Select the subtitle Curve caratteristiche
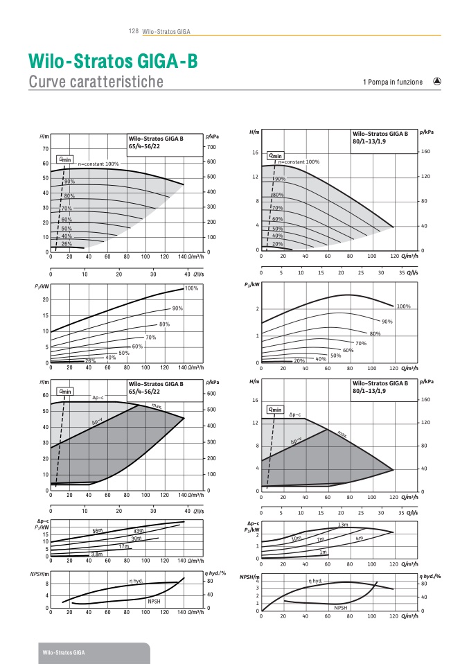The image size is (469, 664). [96, 82]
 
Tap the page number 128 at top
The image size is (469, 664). [134, 32]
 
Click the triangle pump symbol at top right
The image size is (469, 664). [437, 81]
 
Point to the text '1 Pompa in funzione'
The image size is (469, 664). [392, 82]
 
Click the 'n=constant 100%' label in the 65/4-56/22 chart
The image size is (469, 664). [98, 164]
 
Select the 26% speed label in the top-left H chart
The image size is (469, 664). [67, 243]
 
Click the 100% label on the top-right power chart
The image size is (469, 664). [403, 306]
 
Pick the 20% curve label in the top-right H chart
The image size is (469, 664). [278, 243]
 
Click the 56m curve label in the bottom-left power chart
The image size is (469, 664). [98, 530]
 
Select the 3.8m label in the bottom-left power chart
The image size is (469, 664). [96, 554]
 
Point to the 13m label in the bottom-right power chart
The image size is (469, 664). [342, 524]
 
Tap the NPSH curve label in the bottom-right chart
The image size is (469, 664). [341, 607]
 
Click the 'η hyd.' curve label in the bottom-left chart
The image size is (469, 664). [136, 581]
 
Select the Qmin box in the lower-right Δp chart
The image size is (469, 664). [274, 410]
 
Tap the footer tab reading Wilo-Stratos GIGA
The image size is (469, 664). [62, 654]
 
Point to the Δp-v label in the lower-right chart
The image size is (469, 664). [297, 440]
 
